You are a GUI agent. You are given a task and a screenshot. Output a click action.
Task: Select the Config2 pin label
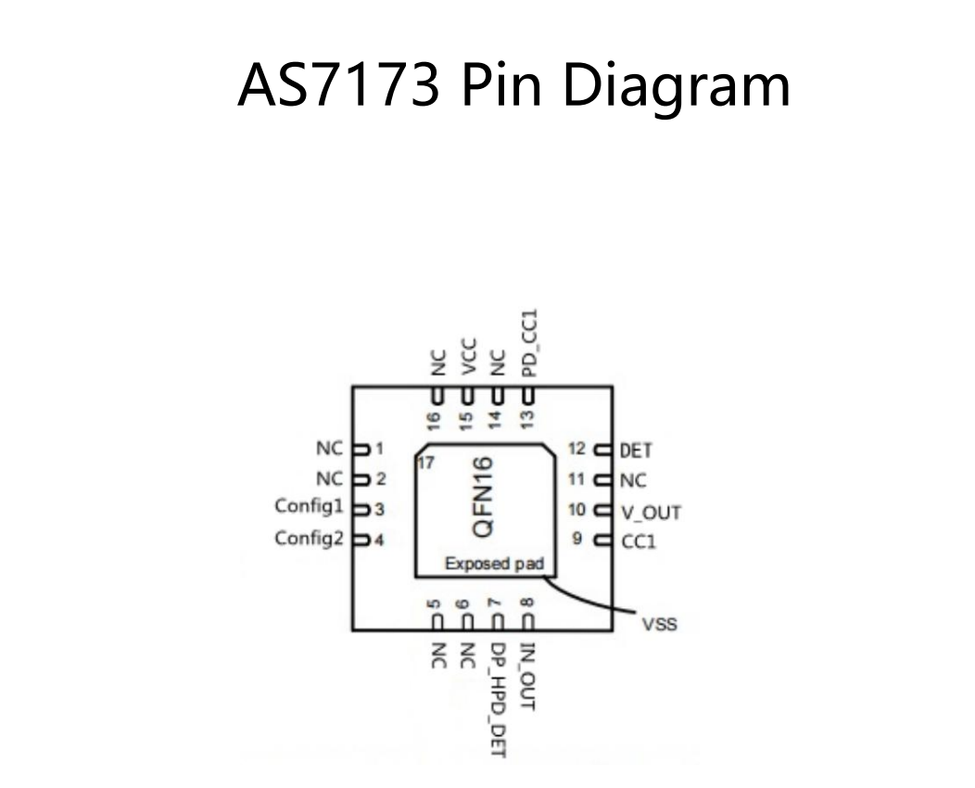click(310, 538)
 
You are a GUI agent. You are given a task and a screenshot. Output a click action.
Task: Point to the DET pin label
click(636, 451)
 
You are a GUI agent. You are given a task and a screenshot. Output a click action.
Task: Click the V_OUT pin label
click(651, 512)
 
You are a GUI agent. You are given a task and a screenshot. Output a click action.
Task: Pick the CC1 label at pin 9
click(638, 541)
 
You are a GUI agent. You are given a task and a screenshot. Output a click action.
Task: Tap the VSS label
click(659, 624)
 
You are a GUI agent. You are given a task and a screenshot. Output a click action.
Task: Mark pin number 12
click(577, 450)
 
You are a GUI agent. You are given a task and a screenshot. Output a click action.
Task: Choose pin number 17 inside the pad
click(427, 464)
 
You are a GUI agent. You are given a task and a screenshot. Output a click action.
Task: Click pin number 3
click(380, 509)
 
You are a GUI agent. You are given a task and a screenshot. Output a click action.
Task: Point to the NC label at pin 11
click(634, 481)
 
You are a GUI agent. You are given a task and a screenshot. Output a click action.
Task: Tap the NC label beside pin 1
click(329, 449)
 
